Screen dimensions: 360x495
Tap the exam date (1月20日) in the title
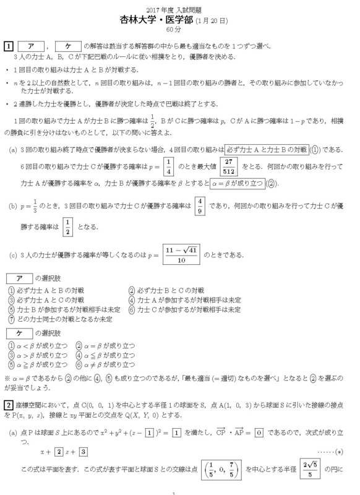(213, 20)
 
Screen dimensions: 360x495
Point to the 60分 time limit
(179, 30)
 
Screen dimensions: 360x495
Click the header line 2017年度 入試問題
(179, 8)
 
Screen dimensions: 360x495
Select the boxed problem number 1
(9, 46)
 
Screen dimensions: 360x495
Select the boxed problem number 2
(9, 405)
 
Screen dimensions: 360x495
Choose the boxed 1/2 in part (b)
(68, 226)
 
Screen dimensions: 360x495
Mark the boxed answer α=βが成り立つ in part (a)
(236, 184)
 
